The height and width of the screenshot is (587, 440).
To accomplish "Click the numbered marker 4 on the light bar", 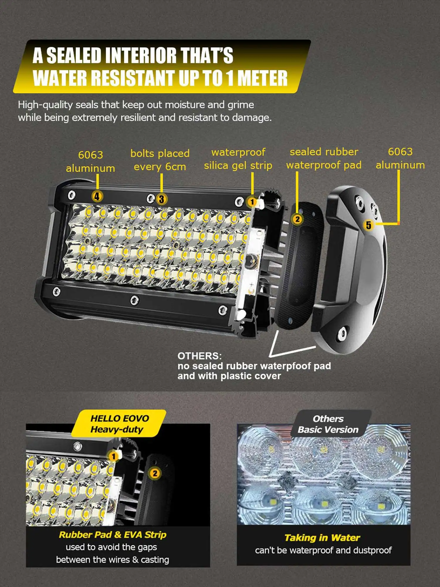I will pos(97,196).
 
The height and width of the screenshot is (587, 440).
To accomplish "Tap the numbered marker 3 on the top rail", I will pos(161,199).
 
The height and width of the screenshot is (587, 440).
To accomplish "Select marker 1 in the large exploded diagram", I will pos(252,202).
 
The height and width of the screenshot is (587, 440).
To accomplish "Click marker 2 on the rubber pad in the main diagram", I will pos(297,219).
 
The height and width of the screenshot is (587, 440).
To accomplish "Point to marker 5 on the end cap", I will pos(368,225).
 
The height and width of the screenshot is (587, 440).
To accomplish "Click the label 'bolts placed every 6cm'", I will pos(160,160).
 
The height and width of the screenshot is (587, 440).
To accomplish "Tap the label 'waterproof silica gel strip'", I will pos(238,159).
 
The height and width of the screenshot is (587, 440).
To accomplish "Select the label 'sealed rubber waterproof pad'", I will pos(324,158).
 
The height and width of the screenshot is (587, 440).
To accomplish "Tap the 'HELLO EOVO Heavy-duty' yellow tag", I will pos(119,424).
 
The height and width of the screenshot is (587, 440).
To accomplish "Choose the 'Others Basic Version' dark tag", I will pos(328,424).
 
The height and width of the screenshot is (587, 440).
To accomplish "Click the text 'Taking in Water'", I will pos(322,537).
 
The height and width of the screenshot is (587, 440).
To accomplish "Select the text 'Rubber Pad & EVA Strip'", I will pos(113,534).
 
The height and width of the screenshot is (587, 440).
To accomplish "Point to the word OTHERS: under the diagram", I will pos(199,356).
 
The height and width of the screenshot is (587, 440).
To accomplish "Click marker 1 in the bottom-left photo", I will pos(113,456).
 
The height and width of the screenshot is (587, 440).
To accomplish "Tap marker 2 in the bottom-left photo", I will pos(155,473).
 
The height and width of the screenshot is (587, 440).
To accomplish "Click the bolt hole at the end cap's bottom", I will pos(342,334).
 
